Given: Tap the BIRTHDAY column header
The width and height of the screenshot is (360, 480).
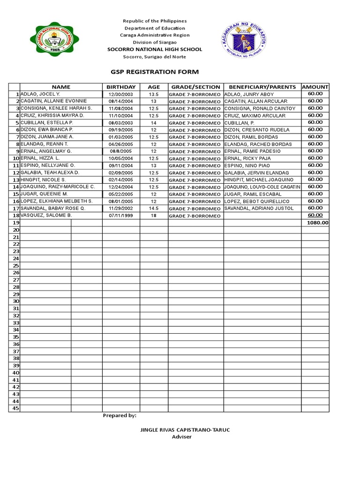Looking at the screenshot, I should point(121,87).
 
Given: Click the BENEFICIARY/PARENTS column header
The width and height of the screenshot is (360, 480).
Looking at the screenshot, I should point(262,87).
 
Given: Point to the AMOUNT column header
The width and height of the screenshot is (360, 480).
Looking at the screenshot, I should point(315,87).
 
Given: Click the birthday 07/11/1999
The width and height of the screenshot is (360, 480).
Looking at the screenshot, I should point(121,216).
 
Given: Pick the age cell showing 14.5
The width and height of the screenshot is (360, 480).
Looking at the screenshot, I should point(154,209).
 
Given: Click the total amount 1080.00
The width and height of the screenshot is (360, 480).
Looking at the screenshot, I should point(317,223).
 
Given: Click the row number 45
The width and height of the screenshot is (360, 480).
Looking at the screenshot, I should point(15,408).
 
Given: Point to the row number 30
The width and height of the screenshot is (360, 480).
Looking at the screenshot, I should point(15,301).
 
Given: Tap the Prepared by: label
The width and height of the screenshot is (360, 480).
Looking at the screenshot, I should point(120,415).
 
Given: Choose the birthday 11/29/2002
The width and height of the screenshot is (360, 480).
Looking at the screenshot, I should point(121,209).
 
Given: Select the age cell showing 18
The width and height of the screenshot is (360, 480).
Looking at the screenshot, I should point(154,216).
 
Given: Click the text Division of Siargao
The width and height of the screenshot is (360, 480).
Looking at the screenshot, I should point(154,42).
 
